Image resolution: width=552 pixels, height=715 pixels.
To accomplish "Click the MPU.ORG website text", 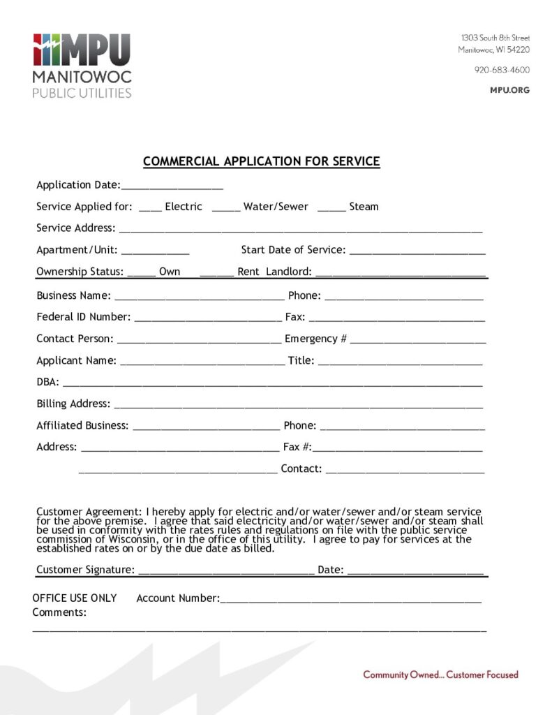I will [511, 90].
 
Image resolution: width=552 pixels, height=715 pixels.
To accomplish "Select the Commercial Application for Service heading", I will [261, 162].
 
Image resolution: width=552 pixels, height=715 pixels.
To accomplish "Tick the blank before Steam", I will [331, 208].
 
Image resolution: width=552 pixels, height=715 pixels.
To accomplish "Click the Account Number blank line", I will [350, 600].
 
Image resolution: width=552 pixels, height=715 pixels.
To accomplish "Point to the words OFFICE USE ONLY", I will [75, 598].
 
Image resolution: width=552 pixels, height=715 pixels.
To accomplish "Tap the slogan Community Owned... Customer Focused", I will [440, 675].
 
